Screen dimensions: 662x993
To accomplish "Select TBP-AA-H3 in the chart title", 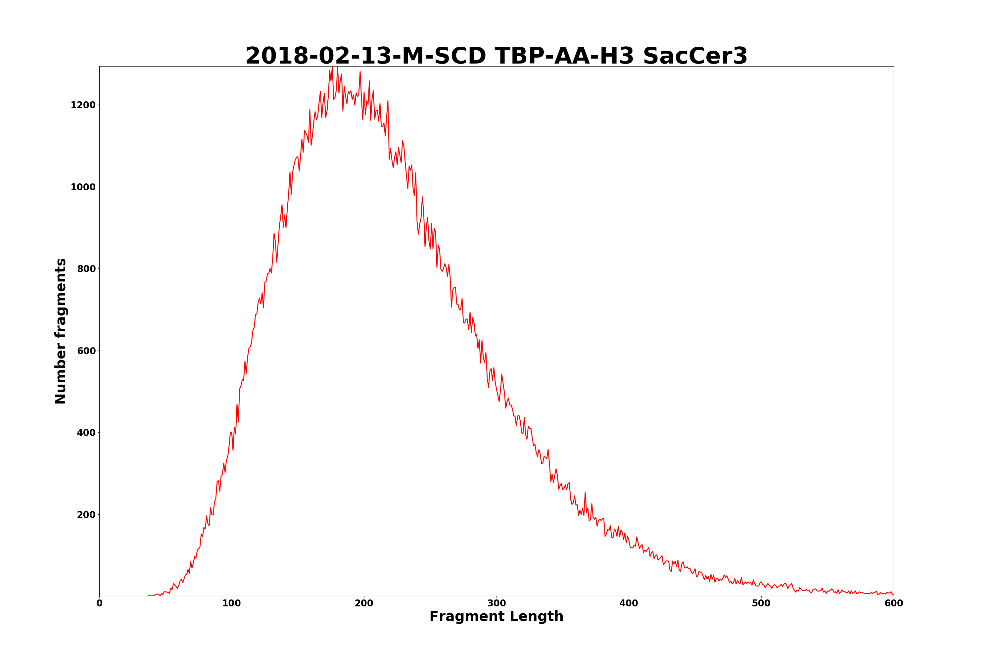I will point(564,56).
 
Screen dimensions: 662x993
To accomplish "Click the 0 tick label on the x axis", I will point(99,603).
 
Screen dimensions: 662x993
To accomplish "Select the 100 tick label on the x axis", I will point(231,603).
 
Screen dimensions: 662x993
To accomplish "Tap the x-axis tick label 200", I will point(364,603).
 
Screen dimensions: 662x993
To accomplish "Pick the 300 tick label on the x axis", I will point(496,603).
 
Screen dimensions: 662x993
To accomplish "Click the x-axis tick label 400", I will point(629,603).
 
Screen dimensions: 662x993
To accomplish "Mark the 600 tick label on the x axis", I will point(893,603).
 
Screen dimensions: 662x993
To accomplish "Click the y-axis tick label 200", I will point(86,515).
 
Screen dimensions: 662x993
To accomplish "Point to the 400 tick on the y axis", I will point(86,433).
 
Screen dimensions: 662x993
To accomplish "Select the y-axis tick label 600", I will point(86,351).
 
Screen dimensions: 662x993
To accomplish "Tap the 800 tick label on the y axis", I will point(86,269).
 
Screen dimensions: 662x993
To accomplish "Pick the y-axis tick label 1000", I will point(83,187).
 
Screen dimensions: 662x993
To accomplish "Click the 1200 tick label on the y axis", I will point(83,105).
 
